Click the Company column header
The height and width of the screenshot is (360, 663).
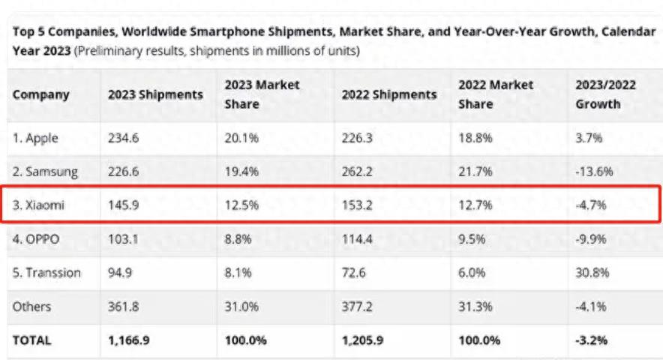(40, 94)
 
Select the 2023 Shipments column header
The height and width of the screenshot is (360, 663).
(155, 94)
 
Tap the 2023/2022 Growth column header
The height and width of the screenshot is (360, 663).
(605, 94)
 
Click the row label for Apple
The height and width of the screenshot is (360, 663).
(35, 138)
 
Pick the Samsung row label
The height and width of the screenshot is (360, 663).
(45, 172)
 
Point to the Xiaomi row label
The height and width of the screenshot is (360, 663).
(38, 205)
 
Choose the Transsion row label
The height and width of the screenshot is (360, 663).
(46, 272)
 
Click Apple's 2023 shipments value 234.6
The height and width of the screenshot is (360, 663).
(123, 138)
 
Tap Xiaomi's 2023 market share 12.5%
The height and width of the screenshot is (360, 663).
(241, 205)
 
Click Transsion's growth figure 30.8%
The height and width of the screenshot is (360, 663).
(592, 272)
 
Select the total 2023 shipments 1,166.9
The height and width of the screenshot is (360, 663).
(128, 340)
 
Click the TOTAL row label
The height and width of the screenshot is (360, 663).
(32, 340)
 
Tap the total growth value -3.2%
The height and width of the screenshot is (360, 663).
(592, 340)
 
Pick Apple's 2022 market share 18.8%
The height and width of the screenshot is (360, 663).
(475, 138)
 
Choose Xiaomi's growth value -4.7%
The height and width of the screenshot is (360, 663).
(592, 205)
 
